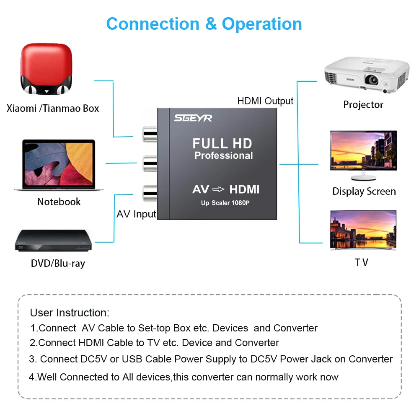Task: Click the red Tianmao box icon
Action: coord(46,69)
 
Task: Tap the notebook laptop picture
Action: coord(59,165)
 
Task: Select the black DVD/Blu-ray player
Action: coord(54,240)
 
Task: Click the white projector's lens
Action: coord(372,80)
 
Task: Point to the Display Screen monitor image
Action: coord(363,155)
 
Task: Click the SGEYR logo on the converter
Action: coord(193,118)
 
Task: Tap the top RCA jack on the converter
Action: coord(150,134)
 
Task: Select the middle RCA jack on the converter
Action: coord(150,163)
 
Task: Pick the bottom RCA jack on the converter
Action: coord(150,193)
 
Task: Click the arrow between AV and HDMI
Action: coord(218,189)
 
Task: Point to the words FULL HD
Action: coord(222,143)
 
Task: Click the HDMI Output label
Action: coord(265,101)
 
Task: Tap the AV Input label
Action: coord(136,214)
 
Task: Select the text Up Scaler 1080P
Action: coord(225,203)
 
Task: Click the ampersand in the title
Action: coord(211,24)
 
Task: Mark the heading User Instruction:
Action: coord(70,313)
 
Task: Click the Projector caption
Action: coord(363,105)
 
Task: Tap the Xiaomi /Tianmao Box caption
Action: coord(53,109)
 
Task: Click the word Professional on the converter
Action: coord(224,155)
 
